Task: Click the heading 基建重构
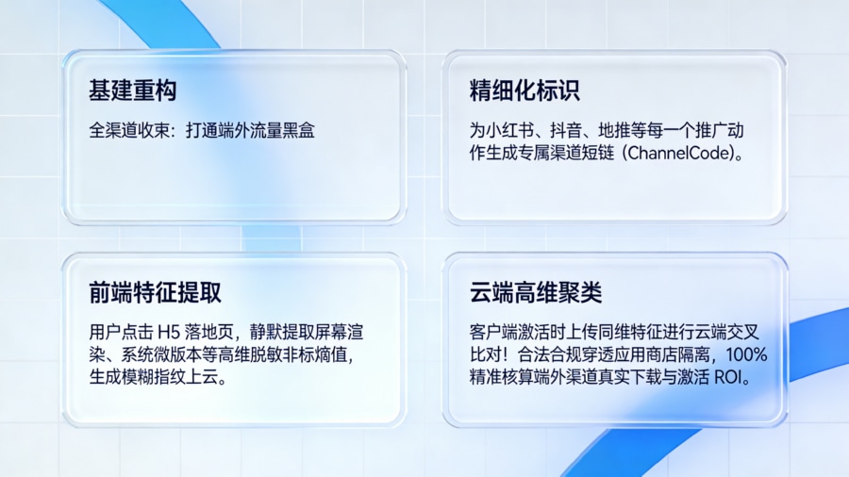(132, 91)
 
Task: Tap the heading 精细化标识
(524, 91)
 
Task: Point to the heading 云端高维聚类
(535, 292)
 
